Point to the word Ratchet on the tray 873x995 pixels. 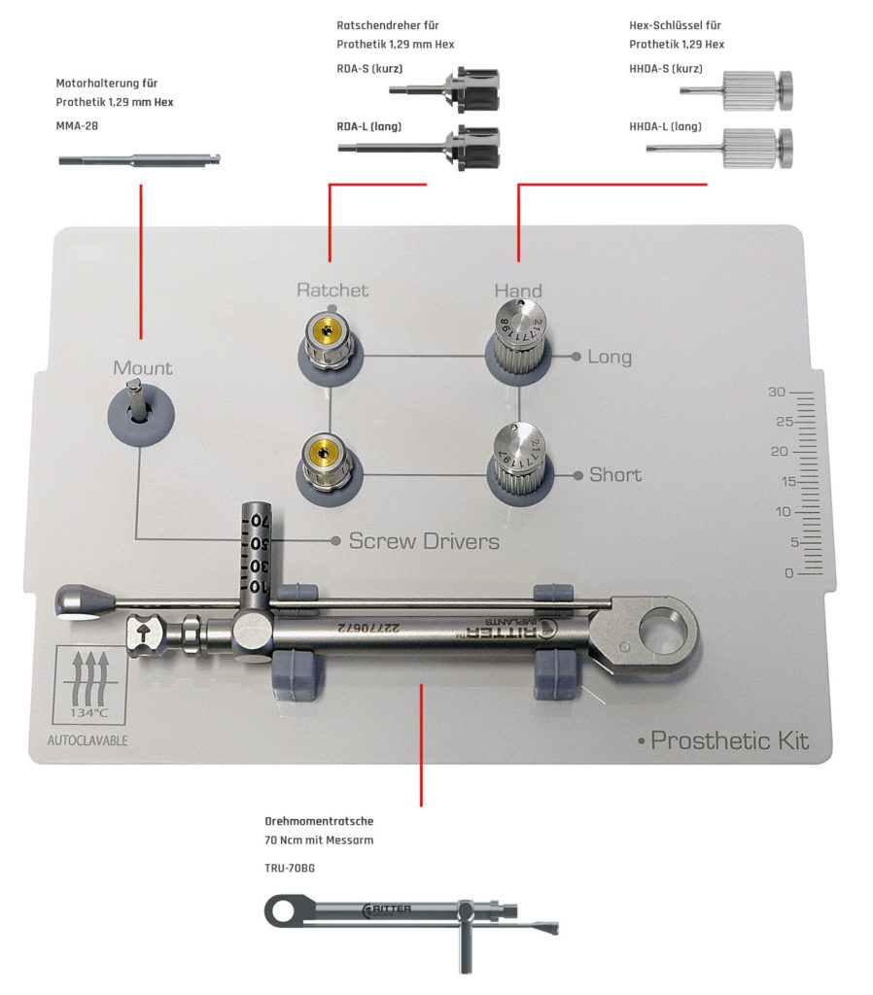pyautogui.click(x=332, y=290)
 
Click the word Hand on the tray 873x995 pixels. pyautogui.click(x=518, y=290)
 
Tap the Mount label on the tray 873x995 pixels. pyautogui.click(x=142, y=368)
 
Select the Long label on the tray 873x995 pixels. pyautogui.click(x=610, y=357)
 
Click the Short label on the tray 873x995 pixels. pyautogui.click(x=615, y=475)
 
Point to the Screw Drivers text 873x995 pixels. pyautogui.click(x=424, y=541)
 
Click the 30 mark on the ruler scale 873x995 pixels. pyautogui.click(x=776, y=393)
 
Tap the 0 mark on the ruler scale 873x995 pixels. pyautogui.click(x=789, y=573)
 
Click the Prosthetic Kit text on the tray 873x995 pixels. pyautogui.click(x=729, y=741)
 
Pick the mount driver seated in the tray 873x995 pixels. pyautogui.click(x=140, y=408)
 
